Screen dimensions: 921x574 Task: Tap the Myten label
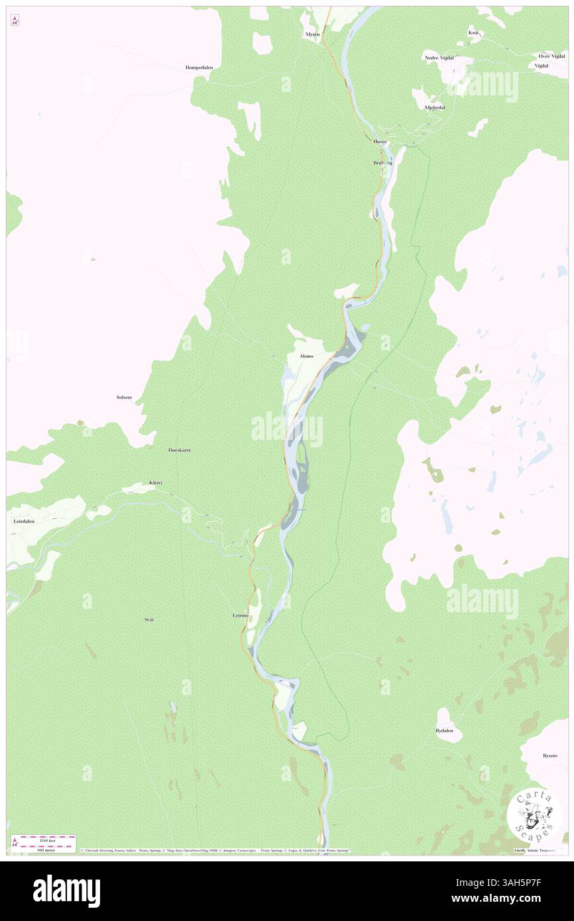312,34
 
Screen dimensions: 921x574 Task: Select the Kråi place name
473,32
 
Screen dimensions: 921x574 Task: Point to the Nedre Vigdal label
440,58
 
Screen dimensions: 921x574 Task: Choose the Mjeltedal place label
434,107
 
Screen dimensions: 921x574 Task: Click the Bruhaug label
382,162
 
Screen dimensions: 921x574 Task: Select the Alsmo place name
306,356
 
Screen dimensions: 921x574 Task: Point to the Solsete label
124,397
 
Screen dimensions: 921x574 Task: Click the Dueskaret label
179,450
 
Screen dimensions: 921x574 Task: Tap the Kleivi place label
156,483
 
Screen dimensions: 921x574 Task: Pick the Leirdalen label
23,521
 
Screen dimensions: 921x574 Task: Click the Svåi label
148,619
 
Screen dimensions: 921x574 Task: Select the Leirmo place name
240,616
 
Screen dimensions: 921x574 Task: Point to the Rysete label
549,755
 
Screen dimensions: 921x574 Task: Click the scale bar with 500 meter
43,843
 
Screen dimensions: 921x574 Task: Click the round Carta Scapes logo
534,815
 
